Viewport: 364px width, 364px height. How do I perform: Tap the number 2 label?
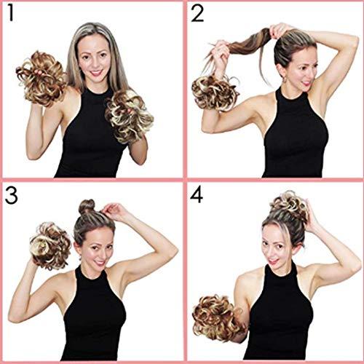click(x=197, y=15)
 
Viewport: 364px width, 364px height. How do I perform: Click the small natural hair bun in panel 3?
click(x=88, y=206)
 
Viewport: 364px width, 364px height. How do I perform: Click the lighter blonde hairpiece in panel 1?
click(x=129, y=116)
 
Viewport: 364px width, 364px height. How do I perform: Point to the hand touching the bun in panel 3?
click(x=113, y=212)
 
